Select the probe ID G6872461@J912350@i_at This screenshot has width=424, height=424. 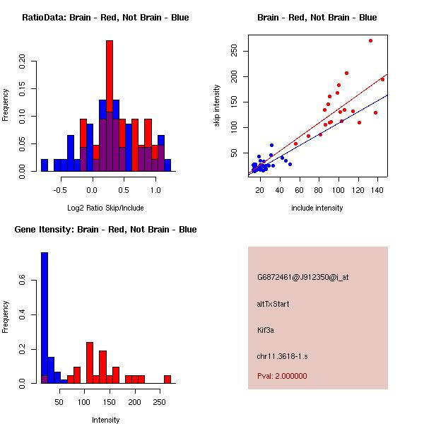coord(303,277)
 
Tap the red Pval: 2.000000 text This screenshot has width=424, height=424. coord(282,376)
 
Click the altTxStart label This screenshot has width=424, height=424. coord(273,304)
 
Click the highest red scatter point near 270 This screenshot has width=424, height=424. coord(370,40)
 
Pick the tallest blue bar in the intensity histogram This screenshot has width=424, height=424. coord(45,318)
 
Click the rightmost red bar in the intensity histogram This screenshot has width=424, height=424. coord(167,379)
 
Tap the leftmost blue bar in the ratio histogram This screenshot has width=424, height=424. coord(45,165)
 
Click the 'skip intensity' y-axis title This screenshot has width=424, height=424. coord(217,106)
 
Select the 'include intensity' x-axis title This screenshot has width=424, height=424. coord(317,208)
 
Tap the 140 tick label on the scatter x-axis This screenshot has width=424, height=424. coord(382,189)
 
